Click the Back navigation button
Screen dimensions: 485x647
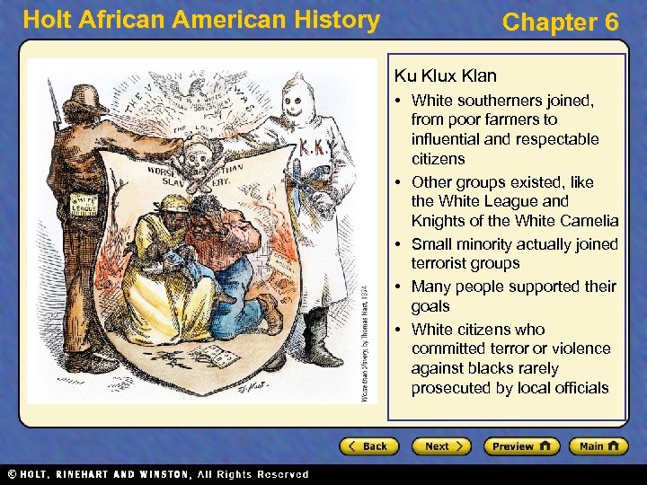point(369,446)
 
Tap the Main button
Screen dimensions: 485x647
point(601,446)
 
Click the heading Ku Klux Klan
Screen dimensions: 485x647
point(445,76)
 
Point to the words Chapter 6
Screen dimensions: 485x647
point(560,22)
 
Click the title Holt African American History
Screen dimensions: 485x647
point(201,20)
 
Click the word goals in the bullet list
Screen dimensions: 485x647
point(431,306)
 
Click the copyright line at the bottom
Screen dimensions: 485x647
point(157,474)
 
